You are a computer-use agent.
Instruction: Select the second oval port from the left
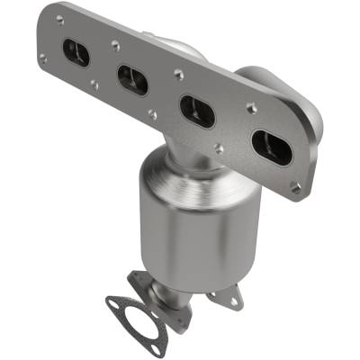(132, 78)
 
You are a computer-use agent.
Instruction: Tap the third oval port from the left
(196, 110)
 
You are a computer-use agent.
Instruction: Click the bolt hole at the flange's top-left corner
(59, 19)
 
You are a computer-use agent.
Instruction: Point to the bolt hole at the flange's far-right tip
(296, 187)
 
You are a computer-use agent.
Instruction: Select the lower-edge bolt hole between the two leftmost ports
(94, 85)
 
